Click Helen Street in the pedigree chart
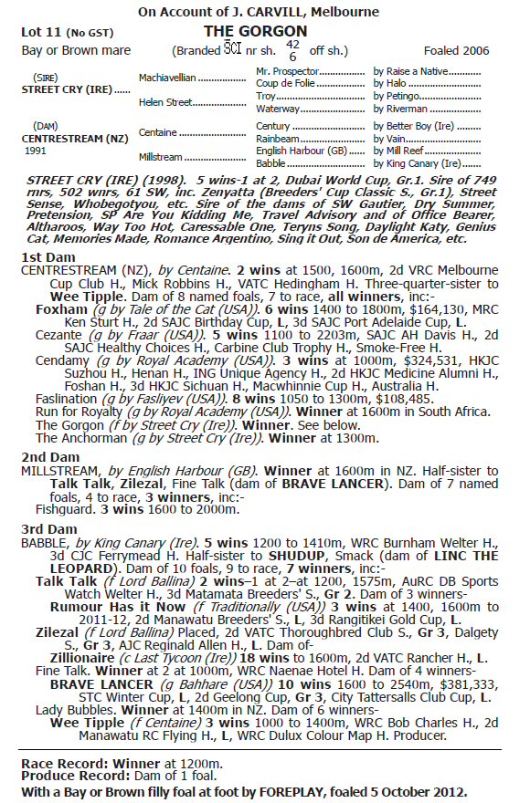pos(164,102)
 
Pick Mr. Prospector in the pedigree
pos(288,70)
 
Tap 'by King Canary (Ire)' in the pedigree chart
pos(417,162)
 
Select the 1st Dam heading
pos(46,257)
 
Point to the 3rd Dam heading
pos(47,527)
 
